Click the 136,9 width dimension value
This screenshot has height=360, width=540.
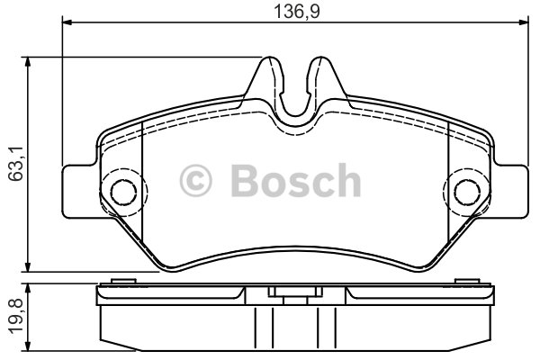coord(296,12)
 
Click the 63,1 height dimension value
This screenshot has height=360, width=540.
coord(15,163)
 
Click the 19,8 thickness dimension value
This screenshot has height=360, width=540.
coord(15,316)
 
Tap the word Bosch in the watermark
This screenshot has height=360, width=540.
coord(296,180)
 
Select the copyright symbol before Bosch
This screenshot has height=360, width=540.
coord(195,181)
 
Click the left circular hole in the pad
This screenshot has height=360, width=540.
coord(123,193)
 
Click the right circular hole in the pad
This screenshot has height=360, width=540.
coord(467,193)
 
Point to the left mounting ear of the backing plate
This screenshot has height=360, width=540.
coord(80,192)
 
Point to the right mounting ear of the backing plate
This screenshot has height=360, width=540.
coord(510,192)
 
